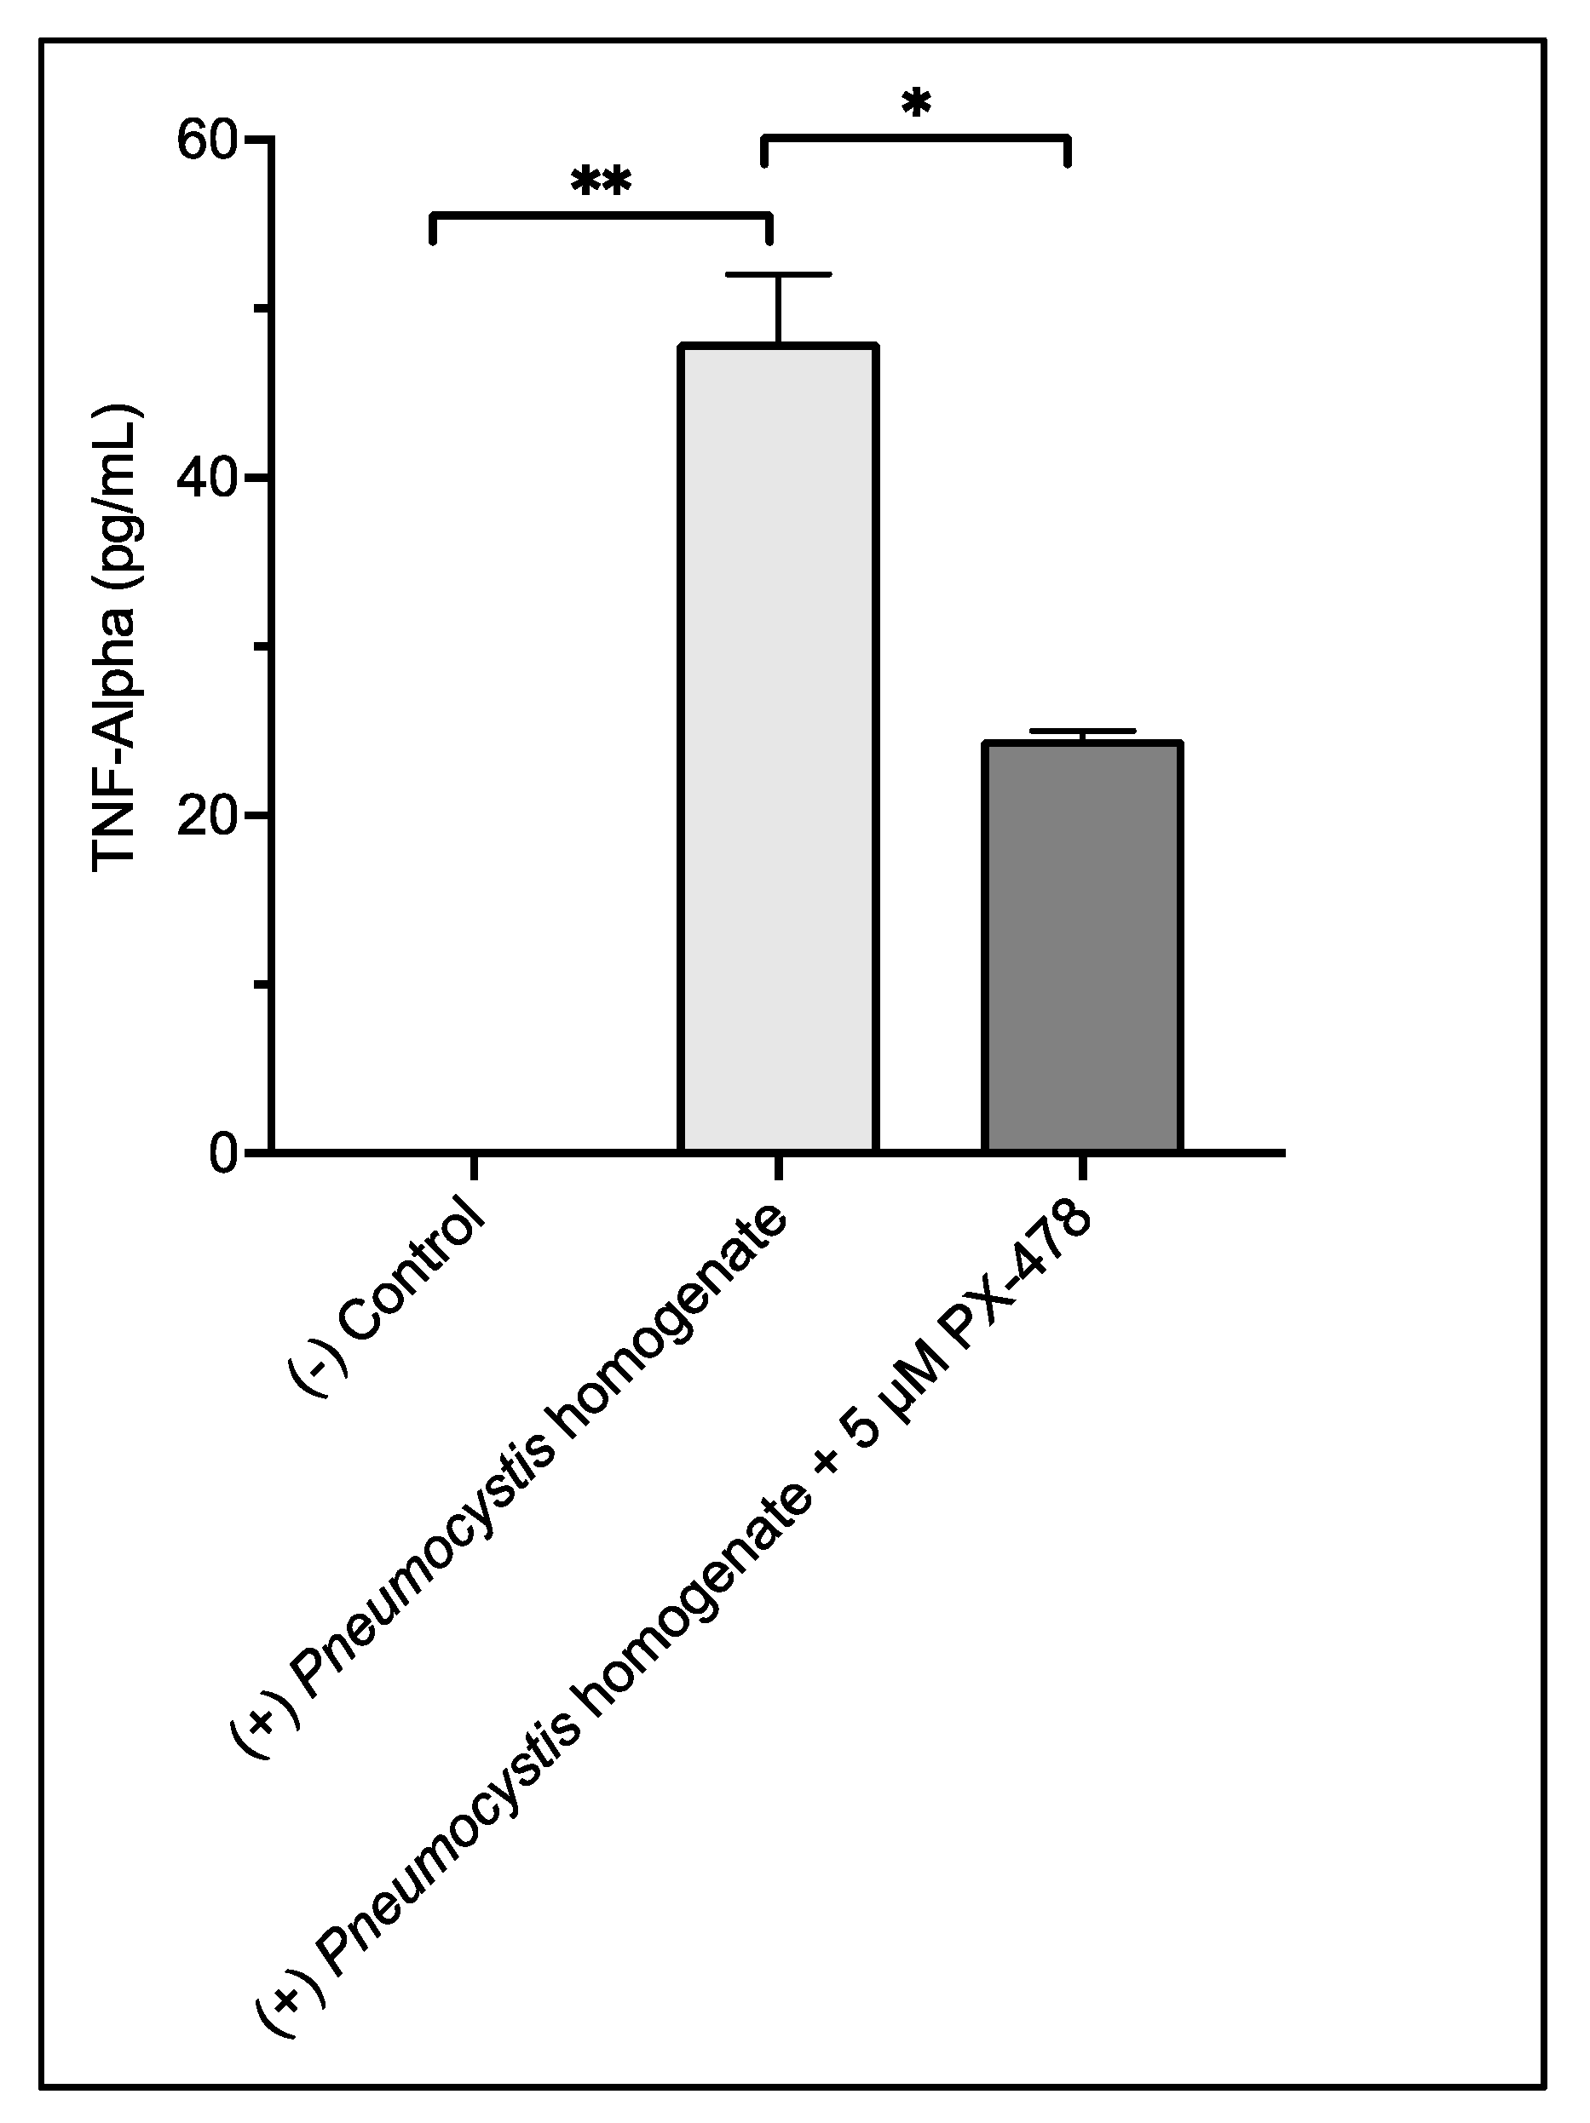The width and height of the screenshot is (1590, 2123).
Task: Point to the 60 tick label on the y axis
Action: (206, 141)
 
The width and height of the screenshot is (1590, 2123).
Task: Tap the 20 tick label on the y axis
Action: (206, 816)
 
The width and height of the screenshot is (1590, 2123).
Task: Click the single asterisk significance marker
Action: (916, 103)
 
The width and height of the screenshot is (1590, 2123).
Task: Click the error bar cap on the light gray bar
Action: (778, 275)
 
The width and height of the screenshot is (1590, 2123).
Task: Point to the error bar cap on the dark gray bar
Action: (1081, 732)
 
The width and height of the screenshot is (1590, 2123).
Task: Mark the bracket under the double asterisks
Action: (601, 216)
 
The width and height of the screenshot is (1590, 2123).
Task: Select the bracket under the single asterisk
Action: (916, 139)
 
